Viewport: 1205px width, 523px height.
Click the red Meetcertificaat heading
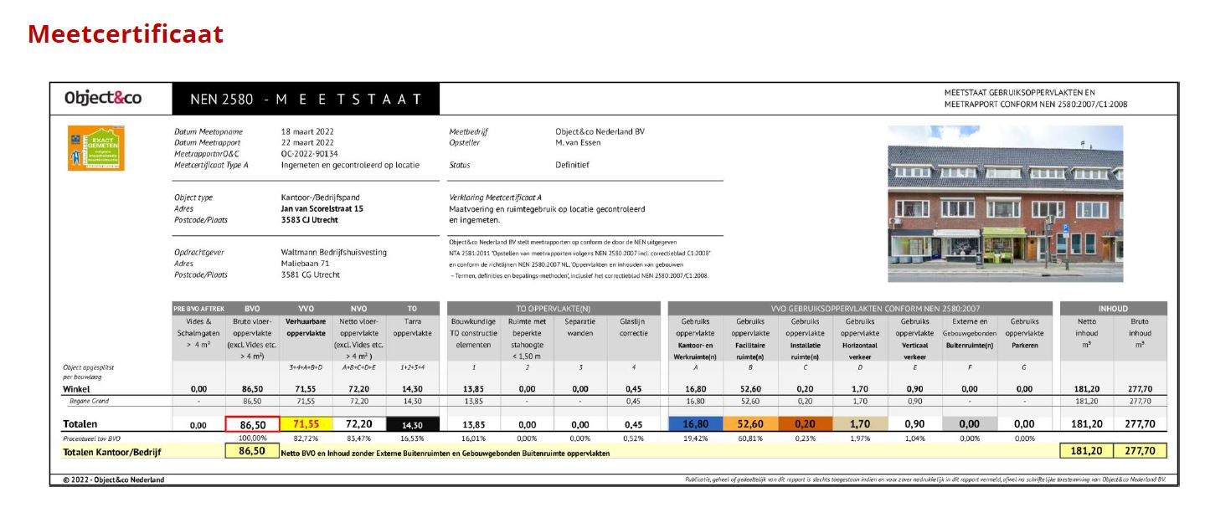coord(126,34)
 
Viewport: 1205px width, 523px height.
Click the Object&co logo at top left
coord(103,98)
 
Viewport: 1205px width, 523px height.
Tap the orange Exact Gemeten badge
coord(96,148)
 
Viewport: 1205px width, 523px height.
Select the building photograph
coord(1005,203)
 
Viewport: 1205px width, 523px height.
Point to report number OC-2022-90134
coord(310,154)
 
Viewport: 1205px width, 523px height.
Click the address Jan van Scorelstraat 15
coord(322,209)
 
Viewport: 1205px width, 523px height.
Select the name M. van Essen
coord(578,143)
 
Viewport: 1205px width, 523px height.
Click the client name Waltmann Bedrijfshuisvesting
coord(334,253)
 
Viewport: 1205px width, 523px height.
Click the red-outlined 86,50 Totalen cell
coord(246,424)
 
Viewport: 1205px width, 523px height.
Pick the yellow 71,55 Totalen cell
coord(306,424)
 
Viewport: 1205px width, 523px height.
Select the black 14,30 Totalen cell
coord(413,424)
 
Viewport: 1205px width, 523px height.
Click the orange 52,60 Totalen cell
coord(750,424)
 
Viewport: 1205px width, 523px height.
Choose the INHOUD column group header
coord(1113,308)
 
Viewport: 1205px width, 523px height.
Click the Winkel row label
coord(77,389)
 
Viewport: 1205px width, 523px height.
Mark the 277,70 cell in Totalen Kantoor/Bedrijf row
coord(1140,452)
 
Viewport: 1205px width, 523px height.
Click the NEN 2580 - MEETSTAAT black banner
coord(305,99)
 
